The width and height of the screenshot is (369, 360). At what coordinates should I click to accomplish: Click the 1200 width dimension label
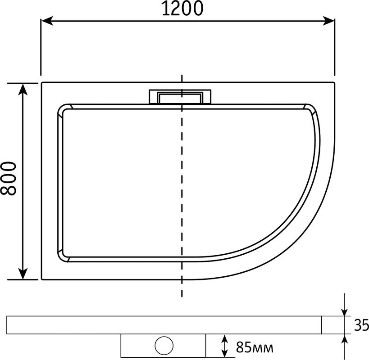click(x=182, y=9)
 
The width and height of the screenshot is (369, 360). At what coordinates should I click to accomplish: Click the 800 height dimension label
click(x=9, y=178)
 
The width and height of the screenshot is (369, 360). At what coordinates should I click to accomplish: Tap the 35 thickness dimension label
click(x=361, y=325)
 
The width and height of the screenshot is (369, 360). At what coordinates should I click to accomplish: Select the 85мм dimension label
click(x=255, y=347)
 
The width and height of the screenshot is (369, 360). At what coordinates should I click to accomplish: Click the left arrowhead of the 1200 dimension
click(x=47, y=21)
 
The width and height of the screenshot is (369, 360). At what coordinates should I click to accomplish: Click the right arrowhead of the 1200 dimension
click(x=328, y=21)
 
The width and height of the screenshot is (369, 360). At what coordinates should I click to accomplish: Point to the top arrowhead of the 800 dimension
click(x=23, y=89)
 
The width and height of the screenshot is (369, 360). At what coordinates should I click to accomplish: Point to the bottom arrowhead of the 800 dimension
click(x=23, y=274)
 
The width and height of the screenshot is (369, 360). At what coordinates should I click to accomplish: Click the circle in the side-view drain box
click(x=164, y=346)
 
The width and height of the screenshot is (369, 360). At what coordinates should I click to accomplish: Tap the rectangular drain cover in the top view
click(x=180, y=97)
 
